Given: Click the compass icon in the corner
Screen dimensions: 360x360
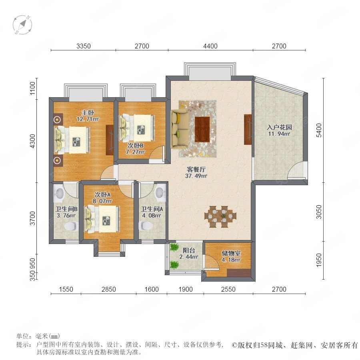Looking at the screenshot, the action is click(22, 24).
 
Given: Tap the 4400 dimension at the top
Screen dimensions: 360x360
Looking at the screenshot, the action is click(210, 46).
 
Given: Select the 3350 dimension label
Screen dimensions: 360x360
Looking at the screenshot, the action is click(84, 46).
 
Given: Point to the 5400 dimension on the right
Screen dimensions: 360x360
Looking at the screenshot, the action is click(319, 130).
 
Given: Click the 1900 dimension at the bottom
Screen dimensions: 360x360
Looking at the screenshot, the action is click(186, 289).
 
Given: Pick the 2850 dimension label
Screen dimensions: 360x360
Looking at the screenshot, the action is click(108, 289).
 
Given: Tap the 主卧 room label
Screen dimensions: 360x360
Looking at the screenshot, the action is click(88, 113).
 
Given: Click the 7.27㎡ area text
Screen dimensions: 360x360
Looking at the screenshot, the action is click(135, 152).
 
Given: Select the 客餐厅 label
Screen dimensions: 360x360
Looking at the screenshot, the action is click(196, 170).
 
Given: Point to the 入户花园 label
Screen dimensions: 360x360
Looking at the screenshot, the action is click(280, 127).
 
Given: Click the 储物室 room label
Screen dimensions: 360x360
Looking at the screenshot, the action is click(231, 253).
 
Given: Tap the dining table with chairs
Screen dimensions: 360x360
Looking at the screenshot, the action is click(220, 217).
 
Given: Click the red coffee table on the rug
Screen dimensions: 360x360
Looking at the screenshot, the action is click(202, 129).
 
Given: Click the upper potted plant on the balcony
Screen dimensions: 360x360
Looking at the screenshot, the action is click(174, 247).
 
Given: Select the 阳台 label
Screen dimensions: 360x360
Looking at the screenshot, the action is click(189, 250).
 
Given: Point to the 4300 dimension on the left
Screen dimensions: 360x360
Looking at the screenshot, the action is click(33, 141).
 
